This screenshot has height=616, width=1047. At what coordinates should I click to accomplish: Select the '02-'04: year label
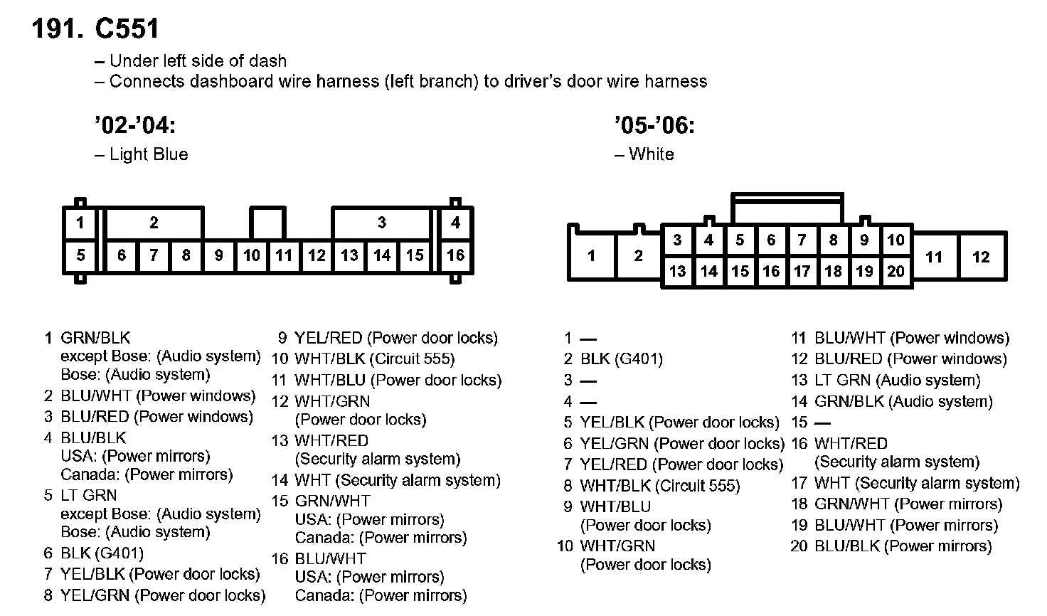pos(134,126)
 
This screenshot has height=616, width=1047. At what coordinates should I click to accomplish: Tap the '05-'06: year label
pos(654,126)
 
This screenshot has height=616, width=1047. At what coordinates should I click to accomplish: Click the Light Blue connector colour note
pos(148,154)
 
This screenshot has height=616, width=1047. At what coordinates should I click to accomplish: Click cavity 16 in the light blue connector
pos(455,255)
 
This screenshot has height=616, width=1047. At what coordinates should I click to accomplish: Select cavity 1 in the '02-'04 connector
pos(80,223)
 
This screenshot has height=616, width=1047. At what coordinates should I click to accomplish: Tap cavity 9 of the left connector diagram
pos(219,255)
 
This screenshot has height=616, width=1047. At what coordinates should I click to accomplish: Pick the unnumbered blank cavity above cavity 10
pos(267,223)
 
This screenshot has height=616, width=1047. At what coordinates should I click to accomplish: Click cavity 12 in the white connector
pos(981,257)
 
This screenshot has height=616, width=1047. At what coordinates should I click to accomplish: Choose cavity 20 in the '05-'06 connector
pos(895,271)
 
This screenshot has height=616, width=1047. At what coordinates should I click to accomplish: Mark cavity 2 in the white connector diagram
pos(638,256)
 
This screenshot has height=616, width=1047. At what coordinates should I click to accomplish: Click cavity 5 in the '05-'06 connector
pos(740,240)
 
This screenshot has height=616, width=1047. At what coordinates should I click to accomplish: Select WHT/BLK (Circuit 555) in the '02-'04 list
pos(374,359)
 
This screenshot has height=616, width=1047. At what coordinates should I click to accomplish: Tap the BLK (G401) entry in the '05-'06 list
pos(621,359)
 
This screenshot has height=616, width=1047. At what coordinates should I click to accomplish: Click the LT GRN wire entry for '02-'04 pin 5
pos(88,495)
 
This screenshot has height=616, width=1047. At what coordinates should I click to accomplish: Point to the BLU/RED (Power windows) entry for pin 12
pos(910,359)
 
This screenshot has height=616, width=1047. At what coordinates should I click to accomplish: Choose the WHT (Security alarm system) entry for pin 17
pos(917,484)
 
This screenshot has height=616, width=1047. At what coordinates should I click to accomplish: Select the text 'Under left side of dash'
pos(198,61)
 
